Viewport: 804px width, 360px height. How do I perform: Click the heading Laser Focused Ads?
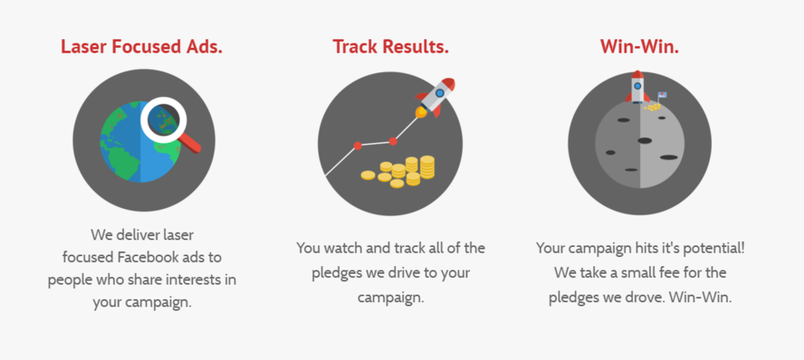(x=142, y=47)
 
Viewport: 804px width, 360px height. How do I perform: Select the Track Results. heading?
(x=391, y=47)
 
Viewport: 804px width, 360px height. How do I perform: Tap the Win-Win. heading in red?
(x=639, y=47)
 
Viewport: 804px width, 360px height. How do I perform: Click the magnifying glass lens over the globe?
(x=163, y=120)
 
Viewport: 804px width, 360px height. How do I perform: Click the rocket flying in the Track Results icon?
(x=435, y=97)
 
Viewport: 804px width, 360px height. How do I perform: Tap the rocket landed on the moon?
(x=637, y=87)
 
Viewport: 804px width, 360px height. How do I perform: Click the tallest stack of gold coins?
(x=427, y=167)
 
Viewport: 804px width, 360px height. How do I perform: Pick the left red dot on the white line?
(x=358, y=146)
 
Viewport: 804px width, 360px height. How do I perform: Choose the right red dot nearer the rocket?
(x=393, y=141)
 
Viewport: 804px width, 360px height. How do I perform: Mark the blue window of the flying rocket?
(x=440, y=93)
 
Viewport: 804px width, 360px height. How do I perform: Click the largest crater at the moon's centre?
(x=645, y=141)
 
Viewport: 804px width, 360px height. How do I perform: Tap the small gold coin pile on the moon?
(x=652, y=106)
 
